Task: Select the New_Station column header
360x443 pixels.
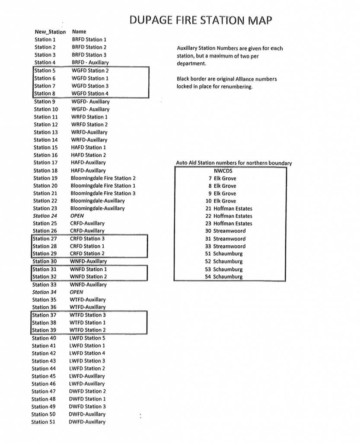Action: point(50,32)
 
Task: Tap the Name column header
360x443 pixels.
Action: point(79,32)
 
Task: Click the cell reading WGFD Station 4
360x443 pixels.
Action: point(90,93)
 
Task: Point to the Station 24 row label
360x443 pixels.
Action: point(45,216)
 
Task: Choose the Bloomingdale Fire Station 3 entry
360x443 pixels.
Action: point(103,193)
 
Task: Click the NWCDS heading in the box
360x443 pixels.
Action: point(223,170)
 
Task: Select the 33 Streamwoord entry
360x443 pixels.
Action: point(225,246)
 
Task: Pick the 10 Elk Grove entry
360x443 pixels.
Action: point(221,201)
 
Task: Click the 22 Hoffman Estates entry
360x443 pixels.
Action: point(229,216)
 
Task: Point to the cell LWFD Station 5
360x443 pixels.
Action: point(87,338)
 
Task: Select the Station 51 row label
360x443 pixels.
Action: point(43,422)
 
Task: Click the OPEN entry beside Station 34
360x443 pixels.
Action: point(76,292)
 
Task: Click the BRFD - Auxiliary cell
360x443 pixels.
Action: point(90,62)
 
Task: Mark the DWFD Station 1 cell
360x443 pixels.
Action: point(87,399)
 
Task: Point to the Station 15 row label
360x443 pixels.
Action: point(45,148)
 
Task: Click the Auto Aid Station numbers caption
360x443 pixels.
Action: point(234,163)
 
